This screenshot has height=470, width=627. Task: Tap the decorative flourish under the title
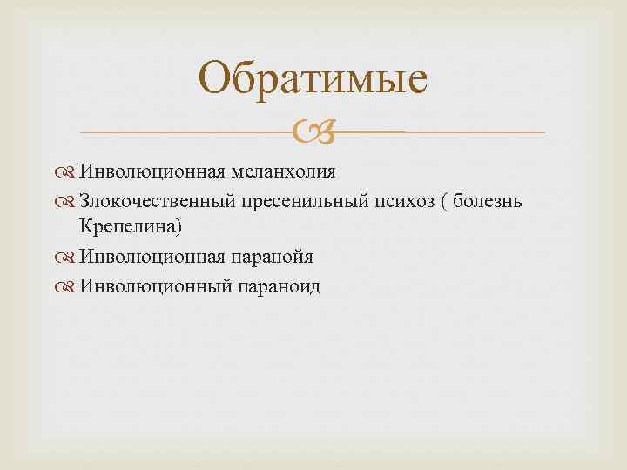313,132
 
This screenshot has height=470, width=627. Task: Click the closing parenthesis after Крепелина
179,228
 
